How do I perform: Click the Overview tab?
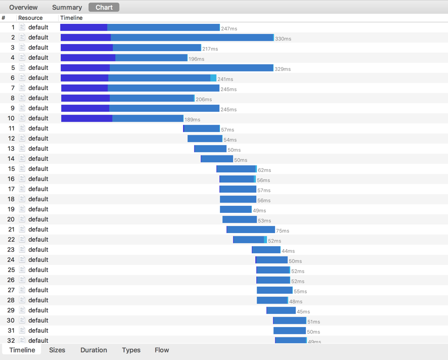[23, 7]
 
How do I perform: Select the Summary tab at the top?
[67, 7]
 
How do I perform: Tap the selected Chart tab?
[104, 7]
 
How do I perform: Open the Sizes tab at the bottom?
[57, 350]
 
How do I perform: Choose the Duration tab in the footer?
[93, 350]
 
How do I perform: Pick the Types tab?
[131, 350]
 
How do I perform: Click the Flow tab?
[162, 350]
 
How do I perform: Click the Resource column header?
[30, 18]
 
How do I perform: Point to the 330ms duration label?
[283, 39]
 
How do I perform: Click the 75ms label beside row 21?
[283, 231]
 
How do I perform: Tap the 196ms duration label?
[196, 59]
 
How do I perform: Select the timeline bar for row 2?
[167, 37]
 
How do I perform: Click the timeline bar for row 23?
[266, 250]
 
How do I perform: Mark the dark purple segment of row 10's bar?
[87, 119]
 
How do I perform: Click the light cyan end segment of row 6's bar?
[213, 78]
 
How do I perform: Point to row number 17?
[11, 189]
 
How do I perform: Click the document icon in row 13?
[22, 148]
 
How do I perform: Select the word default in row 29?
[38, 310]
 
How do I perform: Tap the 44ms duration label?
[288, 251]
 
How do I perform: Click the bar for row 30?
[290, 320]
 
